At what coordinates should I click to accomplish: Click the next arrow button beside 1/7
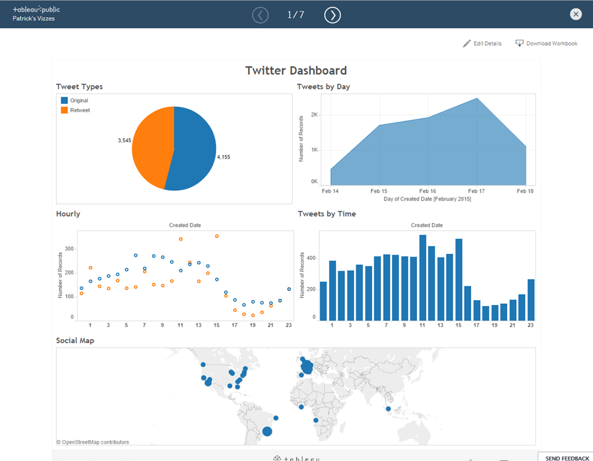pyautogui.click(x=332, y=15)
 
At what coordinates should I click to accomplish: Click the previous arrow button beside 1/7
pyautogui.click(x=260, y=15)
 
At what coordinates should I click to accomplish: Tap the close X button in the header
pyautogui.click(x=576, y=14)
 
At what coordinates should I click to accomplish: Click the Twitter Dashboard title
pyautogui.click(x=296, y=71)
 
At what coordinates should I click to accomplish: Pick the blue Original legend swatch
pyautogui.click(x=64, y=101)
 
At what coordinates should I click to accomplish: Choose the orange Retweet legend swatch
pyautogui.click(x=64, y=110)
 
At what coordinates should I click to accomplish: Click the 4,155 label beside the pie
pyautogui.click(x=224, y=157)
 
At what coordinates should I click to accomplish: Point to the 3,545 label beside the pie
pyautogui.click(x=125, y=140)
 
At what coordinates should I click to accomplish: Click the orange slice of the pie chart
pyautogui.click(x=150, y=144)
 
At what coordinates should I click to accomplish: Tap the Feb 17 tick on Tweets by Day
pyautogui.click(x=476, y=191)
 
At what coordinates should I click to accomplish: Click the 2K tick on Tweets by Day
pyautogui.click(x=314, y=115)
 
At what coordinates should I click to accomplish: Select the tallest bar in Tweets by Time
pyautogui.click(x=422, y=278)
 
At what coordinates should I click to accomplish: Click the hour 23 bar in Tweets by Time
pyautogui.click(x=531, y=300)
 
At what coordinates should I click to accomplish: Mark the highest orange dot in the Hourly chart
pyautogui.click(x=216, y=237)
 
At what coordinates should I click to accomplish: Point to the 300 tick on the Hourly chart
pyautogui.click(x=69, y=249)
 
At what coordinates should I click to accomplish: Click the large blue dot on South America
pyautogui.click(x=267, y=431)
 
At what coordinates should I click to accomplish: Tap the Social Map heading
pyautogui.click(x=75, y=340)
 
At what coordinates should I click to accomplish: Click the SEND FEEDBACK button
pyautogui.click(x=567, y=458)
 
